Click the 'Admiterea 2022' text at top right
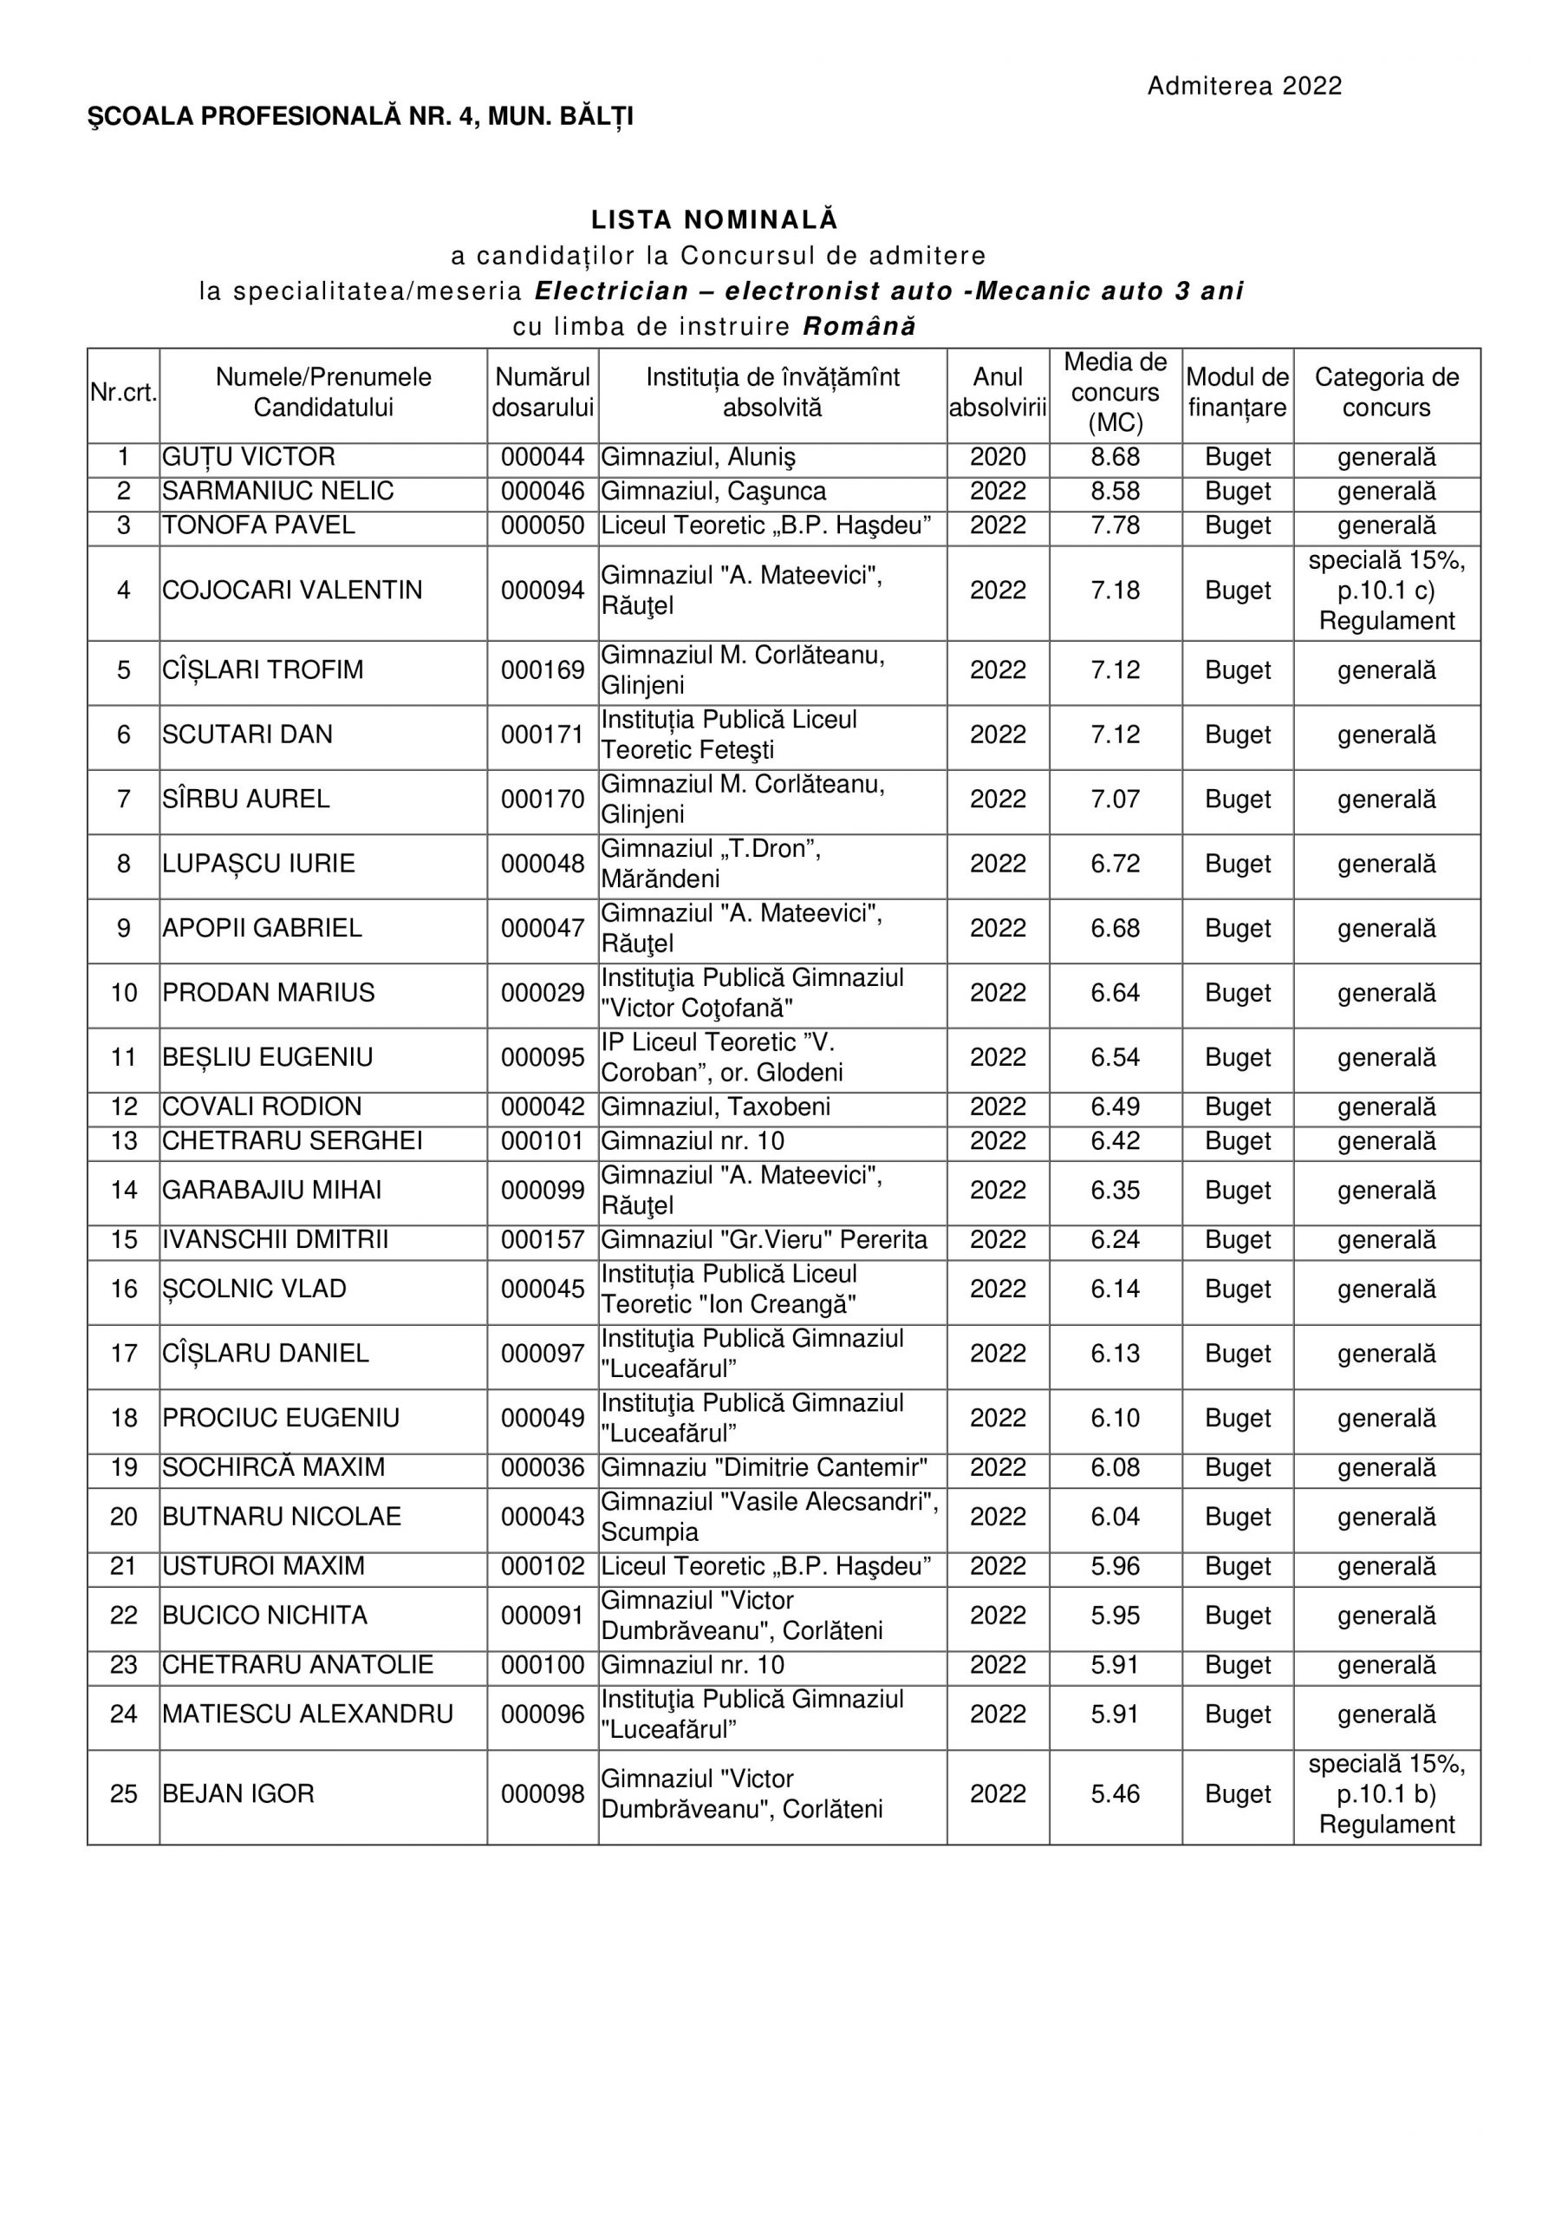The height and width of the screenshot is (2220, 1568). click(1244, 86)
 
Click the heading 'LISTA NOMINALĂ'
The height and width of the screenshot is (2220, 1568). click(714, 219)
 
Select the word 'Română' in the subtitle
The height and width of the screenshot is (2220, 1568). click(859, 327)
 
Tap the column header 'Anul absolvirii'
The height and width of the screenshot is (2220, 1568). click(998, 393)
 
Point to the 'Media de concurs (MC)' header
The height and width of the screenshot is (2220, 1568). click(1115, 393)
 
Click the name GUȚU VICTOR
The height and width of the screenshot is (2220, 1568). click(249, 457)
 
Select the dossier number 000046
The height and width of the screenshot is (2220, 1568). click(543, 491)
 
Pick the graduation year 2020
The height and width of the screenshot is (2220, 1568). click(998, 457)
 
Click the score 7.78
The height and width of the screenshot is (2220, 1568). click(1115, 526)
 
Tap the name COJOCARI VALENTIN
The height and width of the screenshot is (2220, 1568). click(292, 591)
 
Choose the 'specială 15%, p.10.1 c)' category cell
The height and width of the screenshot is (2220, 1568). click(1386, 591)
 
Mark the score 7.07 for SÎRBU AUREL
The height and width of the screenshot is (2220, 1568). click(1115, 800)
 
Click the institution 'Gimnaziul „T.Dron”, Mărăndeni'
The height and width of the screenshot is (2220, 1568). click(711, 864)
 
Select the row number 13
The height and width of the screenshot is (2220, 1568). click(124, 1141)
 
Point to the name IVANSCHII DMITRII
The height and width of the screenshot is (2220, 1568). click(276, 1239)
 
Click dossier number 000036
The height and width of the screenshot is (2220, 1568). click(543, 1468)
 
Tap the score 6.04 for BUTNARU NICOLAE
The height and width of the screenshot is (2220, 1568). click(1115, 1517)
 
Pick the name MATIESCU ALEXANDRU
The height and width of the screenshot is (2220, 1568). click(308, 1714)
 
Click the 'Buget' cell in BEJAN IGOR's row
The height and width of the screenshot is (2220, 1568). click(1238, 1794)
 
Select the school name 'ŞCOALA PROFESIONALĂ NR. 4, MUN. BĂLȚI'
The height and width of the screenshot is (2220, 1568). click(361, 117)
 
